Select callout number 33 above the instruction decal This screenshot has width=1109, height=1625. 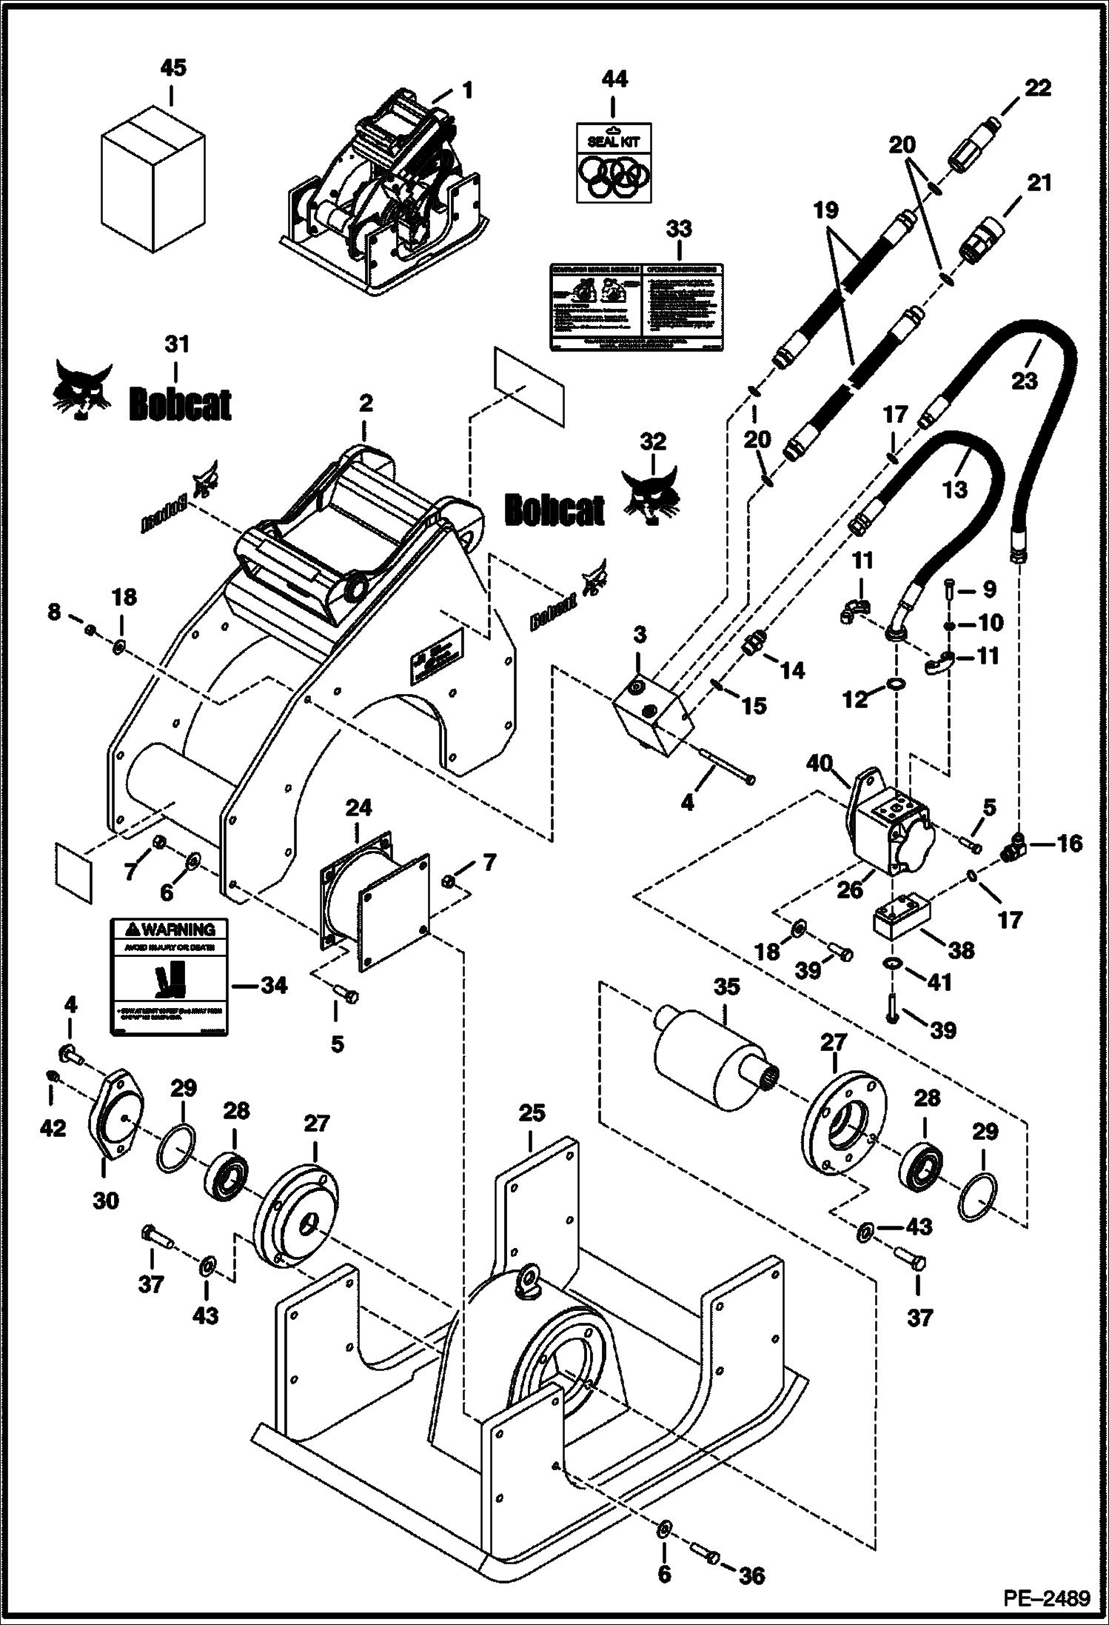pyautogui.click(x=678, y=229)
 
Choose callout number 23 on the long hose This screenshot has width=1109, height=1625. pyautogui.click(x=1025, y=380)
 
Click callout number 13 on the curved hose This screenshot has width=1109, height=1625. pyautogui.click(x=955, y=489)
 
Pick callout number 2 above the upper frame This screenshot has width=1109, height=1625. pyautogui.click(x=365, y=404)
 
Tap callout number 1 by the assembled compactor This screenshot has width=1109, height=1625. pyautogui.click(x=466, y=90)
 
